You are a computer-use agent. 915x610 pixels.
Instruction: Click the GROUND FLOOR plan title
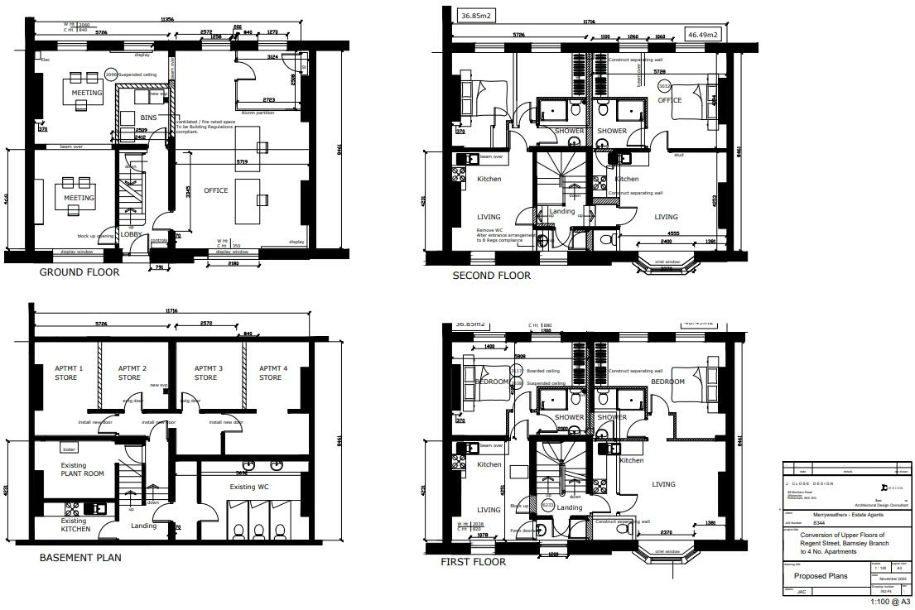pos(79,272)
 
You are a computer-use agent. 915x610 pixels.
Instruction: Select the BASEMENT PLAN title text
pos(80,558)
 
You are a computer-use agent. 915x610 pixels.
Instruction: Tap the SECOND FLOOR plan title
pos(491,276)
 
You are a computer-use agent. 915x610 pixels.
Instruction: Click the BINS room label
pos(148,118)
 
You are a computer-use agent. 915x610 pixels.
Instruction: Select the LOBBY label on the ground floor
pos(132,234)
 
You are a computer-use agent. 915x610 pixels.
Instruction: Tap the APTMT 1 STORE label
pos(65,373)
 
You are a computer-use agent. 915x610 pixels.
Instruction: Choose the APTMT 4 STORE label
pos(270,373)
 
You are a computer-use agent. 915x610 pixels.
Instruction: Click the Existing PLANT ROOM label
pos(83,469)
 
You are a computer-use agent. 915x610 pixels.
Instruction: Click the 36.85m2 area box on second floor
pos(476,16)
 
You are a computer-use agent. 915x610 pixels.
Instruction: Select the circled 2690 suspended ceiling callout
pos(112,75)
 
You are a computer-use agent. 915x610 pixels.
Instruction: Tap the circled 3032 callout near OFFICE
pos(664,86)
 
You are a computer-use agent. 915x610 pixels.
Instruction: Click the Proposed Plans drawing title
pos(821,576)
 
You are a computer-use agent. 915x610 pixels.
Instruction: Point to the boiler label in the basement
pos(70,449)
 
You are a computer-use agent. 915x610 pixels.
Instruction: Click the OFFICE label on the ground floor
pos(215,191)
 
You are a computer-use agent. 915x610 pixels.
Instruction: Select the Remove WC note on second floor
pos(492,230)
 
